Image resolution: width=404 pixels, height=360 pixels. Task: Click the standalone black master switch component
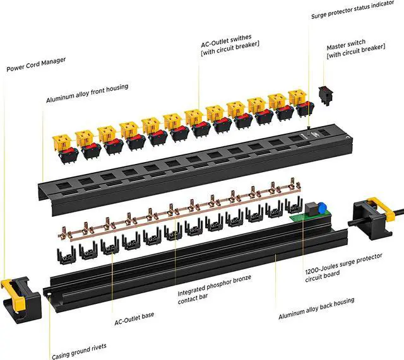pyautogui.click(x=325, y=95)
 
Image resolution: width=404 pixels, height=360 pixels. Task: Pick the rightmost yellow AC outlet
pyautogui.click(x=299, y=98)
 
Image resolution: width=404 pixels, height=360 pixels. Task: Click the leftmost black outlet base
pyautogui.click(x=68, y=253)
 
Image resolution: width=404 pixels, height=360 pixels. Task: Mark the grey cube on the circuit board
pyautogui.click(x=311, y=210)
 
